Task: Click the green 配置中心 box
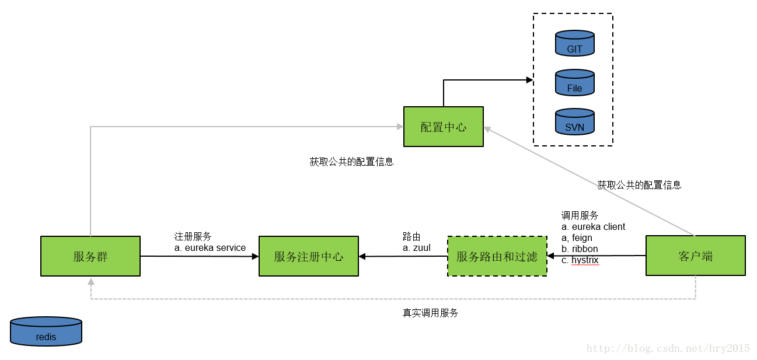tap(443, 127)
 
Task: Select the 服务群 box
tap(90, 256)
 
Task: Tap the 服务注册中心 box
tap(308, 256)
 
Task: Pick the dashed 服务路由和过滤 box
tap(497, 256)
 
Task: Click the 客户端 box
tap(695, 256)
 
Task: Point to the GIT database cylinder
tap(574, 44)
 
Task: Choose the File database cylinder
tap(574, 83)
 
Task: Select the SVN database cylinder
tap(574, 122)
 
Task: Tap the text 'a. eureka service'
tap(210, 248)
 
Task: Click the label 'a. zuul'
tap(416, 248)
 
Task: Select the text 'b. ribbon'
tap(580, 249)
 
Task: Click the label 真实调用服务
tap(430, 313)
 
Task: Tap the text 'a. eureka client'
tap(593, 227)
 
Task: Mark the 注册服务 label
tap(193, 237)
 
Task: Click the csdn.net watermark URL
tap(668, 348)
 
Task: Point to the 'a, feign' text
tap(577, 238)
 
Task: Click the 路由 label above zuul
tap(411, 237)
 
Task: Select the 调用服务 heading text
tap(580, 216)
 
